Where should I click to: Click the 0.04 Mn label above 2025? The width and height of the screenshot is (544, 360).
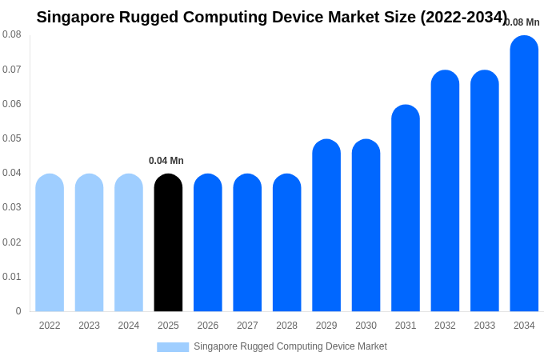166,161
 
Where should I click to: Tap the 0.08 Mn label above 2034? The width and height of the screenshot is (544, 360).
522,22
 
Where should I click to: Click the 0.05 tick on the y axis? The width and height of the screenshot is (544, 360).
12,138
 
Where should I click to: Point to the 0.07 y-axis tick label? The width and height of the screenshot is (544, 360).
12,70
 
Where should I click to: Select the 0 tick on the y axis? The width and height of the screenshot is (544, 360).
18,311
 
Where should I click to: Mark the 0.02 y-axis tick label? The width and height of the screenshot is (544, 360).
12,242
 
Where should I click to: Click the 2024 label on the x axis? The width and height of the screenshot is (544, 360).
129,326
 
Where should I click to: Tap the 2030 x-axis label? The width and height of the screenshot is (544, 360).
366,326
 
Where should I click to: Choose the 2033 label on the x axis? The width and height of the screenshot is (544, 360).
485,326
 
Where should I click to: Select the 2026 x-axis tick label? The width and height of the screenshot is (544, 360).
208,326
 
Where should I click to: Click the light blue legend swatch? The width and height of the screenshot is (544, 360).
173,347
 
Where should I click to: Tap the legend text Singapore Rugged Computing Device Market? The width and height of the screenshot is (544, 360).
290,346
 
